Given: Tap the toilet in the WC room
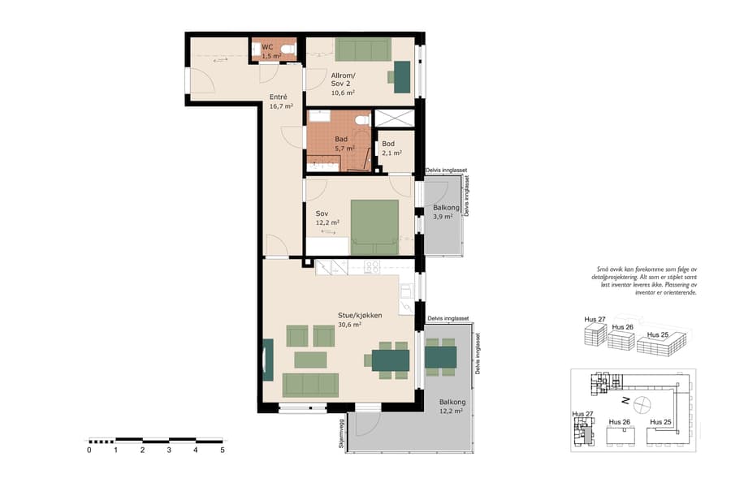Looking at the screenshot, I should [286, 50].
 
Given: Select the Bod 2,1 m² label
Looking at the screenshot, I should [389, 149].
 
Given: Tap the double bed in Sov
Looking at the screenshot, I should [374, 227].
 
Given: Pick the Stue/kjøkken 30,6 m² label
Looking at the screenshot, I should [360, 320].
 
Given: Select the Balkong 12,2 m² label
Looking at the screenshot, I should [452, 407].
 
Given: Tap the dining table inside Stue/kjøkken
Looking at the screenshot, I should [390, 359].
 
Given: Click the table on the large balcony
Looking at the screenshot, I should [441, 357].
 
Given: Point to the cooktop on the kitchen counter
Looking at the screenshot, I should [372, 266].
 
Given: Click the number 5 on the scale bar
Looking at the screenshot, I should [222, 450].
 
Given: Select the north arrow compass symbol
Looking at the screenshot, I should [642, 402].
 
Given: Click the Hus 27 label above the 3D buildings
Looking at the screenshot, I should [595, 320].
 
